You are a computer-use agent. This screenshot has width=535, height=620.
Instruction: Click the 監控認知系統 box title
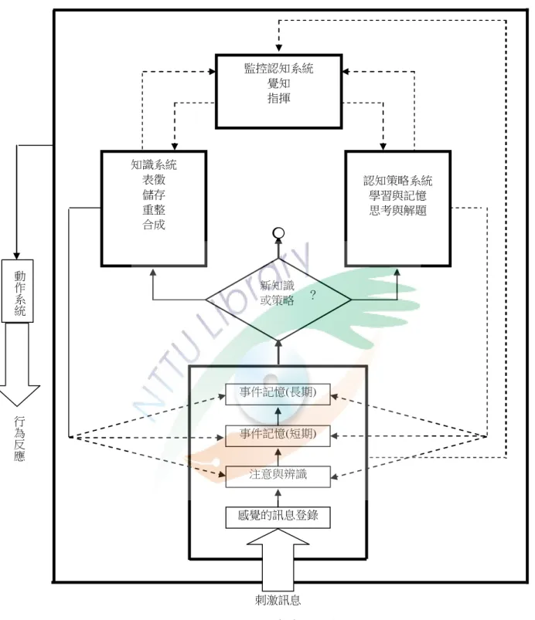click(279, 69)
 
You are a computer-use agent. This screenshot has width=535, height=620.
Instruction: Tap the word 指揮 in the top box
click(279, 97)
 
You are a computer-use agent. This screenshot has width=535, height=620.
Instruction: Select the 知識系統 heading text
click(154, 164)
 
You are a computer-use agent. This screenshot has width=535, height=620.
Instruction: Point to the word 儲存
click(154, 195)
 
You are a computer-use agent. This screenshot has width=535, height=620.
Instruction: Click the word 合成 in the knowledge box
click(154, 225)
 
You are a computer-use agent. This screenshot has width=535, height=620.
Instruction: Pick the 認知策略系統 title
click(397, 181)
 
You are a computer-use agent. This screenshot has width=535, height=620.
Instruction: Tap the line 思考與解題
click(397, 210)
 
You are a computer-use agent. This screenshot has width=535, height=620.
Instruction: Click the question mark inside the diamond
click(313, 295)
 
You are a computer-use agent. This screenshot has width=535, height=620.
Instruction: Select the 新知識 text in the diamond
click(278, 285)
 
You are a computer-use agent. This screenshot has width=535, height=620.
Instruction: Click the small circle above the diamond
click(279, 233)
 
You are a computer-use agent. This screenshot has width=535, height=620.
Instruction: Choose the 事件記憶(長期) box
click(278, 394)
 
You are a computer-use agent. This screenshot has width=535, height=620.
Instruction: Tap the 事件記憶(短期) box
click(278, 435)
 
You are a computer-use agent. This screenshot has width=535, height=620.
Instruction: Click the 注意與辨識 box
click(278, 476)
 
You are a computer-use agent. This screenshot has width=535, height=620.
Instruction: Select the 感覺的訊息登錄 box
click(278, 517)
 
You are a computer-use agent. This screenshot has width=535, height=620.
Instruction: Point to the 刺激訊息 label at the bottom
click(278, 600)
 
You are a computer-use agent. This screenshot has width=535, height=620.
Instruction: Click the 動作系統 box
click(18, 291)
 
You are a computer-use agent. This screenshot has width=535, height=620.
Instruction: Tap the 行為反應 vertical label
click(19, 439)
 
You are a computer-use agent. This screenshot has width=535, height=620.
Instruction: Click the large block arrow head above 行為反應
click(18, 395)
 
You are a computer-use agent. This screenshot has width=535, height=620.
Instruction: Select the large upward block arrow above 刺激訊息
click(278, 561)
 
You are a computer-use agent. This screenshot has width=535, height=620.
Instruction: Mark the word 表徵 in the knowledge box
click(154, 180)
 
